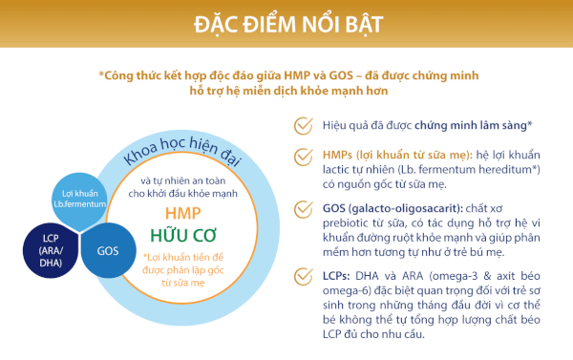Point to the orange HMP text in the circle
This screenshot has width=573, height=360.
point(183,212)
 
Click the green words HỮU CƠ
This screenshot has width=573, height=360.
point(185,235)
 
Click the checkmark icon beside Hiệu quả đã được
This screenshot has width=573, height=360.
point(304,124)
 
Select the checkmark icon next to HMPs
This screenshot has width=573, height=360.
point(304,156)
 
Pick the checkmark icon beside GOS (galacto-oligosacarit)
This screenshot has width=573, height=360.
point(304,209)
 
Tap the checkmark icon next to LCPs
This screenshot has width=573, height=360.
point(304,279)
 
